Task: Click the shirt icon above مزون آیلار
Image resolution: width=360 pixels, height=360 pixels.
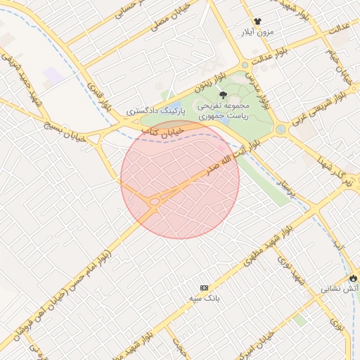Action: (x=257, y=22)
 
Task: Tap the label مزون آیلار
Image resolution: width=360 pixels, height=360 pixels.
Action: (x=256, y=33)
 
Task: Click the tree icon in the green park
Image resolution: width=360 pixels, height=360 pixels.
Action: (x=223, y=95)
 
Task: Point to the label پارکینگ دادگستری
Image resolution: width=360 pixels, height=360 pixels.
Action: (x=156, y=111)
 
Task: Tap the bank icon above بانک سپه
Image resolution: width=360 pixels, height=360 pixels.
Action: (x=205, y=288)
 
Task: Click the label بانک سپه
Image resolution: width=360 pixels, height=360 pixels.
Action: (x=205, y=299)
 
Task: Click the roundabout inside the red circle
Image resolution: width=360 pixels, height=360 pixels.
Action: (x=154, y=202)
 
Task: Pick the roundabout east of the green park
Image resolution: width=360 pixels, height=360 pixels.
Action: (x=281, y=129)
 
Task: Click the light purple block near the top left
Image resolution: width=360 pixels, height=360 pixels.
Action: (x=53, y=75)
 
